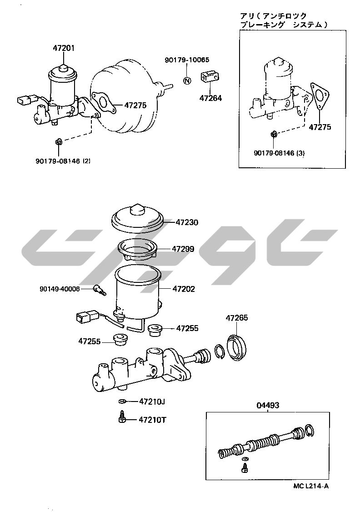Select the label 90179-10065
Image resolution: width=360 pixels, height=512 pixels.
187,60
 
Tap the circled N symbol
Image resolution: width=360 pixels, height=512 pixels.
187,80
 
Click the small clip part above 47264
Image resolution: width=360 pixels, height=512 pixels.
210,77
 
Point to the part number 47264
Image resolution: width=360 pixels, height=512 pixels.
210,97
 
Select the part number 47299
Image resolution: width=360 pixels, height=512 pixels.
183,249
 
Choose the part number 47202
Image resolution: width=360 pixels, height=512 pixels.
183,289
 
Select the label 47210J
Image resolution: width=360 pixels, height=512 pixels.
152,402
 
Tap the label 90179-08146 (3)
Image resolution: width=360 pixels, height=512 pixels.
279,153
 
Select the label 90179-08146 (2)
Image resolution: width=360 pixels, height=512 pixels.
63,161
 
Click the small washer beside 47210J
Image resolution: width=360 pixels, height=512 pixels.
121,402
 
